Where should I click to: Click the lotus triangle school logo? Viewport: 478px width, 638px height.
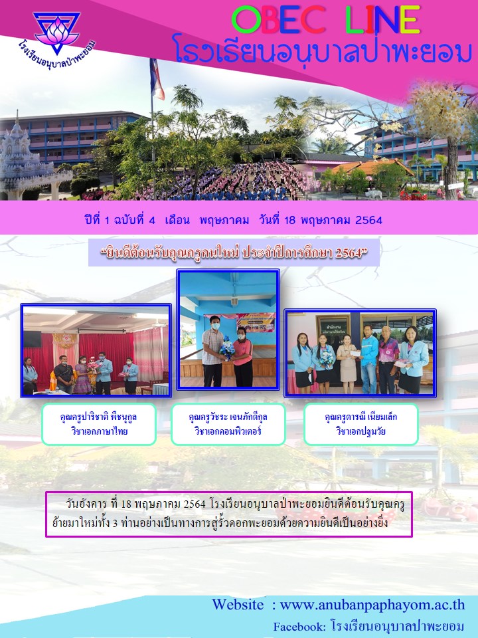(x=56, y=33)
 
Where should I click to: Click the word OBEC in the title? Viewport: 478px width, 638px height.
(x=278, y=21)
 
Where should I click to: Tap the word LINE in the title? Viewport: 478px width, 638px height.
(x=382, y=21)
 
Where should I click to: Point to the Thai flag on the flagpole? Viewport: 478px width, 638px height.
(x=157, y=78)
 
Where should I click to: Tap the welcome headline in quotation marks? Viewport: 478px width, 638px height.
(x=234, y=253)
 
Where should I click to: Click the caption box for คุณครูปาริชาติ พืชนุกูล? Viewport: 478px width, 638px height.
(x=99, y=424)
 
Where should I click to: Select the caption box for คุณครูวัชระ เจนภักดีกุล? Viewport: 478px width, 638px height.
(x=228, y=424)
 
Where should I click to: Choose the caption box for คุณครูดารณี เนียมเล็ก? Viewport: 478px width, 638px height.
(x=361, y=424)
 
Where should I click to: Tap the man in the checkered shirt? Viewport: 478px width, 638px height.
(x=213, y=351)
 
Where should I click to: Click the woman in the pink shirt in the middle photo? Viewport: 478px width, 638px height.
(x=243, y=356)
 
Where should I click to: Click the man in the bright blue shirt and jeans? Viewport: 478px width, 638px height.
(x=368, y=359)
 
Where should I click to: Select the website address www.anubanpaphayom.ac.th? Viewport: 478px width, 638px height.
(x=372, y=605)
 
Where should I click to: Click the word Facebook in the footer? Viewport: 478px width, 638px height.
(x=299, y=627)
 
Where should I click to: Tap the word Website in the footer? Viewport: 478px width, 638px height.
(x=238, y=605)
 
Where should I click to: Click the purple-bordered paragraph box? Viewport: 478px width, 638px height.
(x=229, y=514)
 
